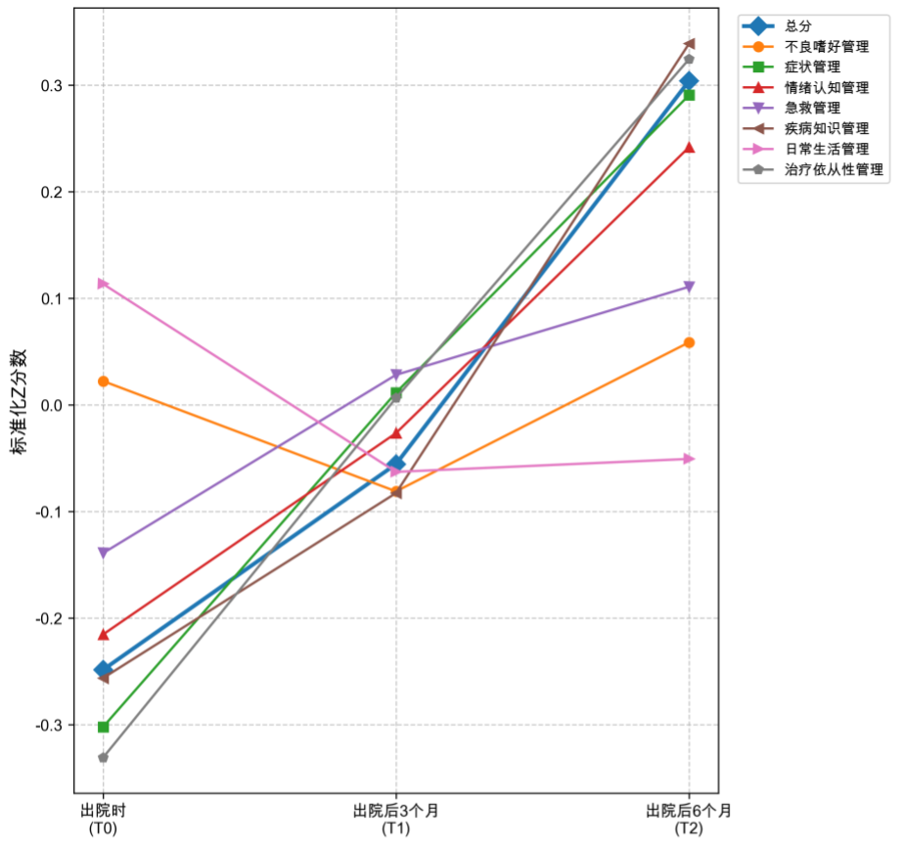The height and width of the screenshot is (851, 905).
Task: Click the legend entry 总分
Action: click(x=799, y=25)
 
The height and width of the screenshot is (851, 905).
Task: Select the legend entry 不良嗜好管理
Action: click(x=827, y=46)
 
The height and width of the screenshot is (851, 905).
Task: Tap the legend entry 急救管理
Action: click(x=812, y=108)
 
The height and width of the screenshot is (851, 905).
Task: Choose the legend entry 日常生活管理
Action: click(x=827, y=149)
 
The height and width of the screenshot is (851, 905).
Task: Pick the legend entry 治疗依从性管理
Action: click(x=835, y=169)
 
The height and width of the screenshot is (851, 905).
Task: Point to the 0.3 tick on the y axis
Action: click(x=50, y=85)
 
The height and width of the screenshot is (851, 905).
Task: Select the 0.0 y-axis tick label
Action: click(x=50, y=405)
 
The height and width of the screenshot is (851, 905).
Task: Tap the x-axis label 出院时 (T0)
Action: click(x=103, y=819)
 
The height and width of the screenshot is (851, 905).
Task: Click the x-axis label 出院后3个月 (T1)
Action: click(x=396, y=819)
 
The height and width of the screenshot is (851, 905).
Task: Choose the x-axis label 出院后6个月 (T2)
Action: click(x=689, y=819)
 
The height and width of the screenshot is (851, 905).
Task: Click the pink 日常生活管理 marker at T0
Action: click(x=103, y=284)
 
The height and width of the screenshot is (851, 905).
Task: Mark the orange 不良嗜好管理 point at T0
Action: click(x=103, y=381)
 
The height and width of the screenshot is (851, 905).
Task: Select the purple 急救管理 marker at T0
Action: click(x=103, y=553)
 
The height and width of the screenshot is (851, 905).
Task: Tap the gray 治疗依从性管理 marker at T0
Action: click(x=103, y=757)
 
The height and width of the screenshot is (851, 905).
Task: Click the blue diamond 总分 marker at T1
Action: click(x=396, y=464)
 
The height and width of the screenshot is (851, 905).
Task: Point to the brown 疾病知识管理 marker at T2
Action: click(x=689, y=43)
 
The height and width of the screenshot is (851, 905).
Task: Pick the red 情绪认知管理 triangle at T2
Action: click(x=689, y=148)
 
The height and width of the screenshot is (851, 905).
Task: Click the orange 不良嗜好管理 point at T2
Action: click(x=689, y=342)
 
